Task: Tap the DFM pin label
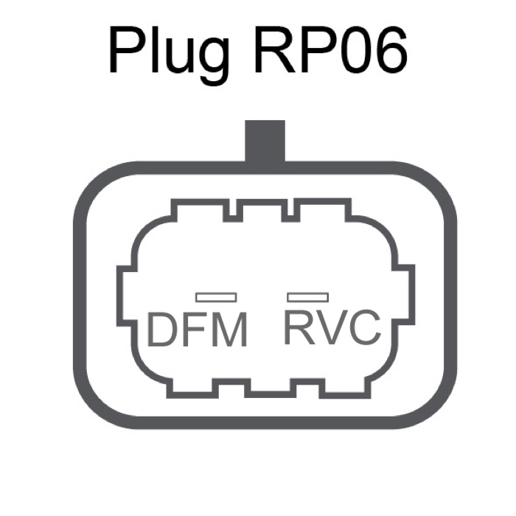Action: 197,330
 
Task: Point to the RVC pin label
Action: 332,328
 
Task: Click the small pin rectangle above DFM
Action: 216,297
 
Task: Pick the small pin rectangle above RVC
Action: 307,296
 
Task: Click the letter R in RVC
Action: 299,328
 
